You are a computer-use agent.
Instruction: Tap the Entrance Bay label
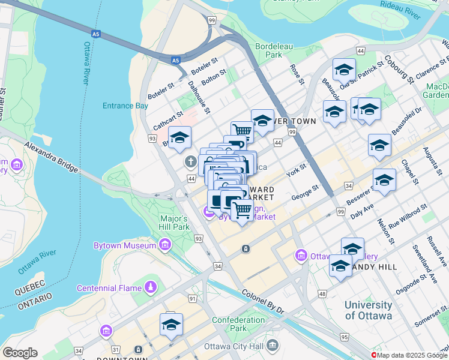(x=125, y=106)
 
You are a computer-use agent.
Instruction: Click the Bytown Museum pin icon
(x=165, y=245)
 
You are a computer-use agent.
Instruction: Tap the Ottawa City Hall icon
(x=273, y=346)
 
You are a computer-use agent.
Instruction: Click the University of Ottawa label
(x=368, y=310)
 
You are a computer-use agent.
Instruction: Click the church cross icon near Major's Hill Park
(x=191, y=161)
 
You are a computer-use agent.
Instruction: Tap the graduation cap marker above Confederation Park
(x=171, y=324)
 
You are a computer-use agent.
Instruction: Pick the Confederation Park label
(x=238, y=324)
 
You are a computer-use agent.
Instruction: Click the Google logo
(x=20, y=353)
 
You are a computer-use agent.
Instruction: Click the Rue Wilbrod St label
(x=408, y=215)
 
